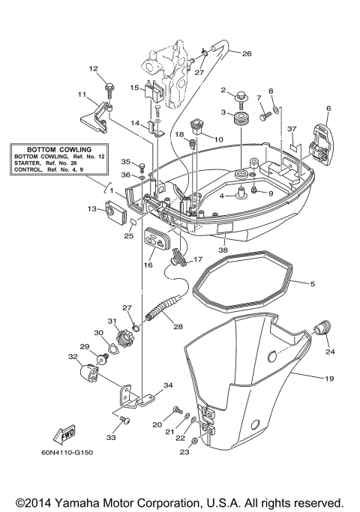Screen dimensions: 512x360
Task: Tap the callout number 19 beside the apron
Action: [328, 379]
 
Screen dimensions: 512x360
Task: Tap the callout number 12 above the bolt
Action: [94, 69]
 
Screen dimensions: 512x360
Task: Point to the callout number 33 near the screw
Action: [111, 438]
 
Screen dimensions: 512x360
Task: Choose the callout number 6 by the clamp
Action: [328, 109]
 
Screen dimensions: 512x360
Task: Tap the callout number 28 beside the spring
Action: [177, 326]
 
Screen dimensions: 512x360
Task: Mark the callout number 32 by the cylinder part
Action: [73, 357]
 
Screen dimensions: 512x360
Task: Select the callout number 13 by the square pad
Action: [92, 208]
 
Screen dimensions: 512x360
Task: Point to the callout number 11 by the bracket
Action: [82, 94]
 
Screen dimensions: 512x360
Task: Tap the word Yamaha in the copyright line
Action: [90, 502]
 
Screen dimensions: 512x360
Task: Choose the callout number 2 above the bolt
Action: [223, 91]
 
